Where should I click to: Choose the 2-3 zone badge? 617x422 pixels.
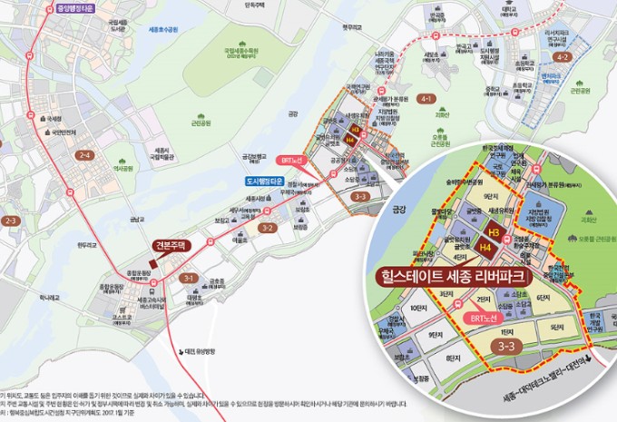point(12,221)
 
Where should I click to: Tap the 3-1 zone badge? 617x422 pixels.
point(189,277)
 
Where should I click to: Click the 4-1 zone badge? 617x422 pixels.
point(426,98)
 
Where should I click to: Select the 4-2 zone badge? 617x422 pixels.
point(563,57)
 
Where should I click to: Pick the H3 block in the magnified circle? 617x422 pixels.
point(495,232)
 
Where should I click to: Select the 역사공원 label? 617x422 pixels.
point(116,168)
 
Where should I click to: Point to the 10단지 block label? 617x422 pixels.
point(417,309)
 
